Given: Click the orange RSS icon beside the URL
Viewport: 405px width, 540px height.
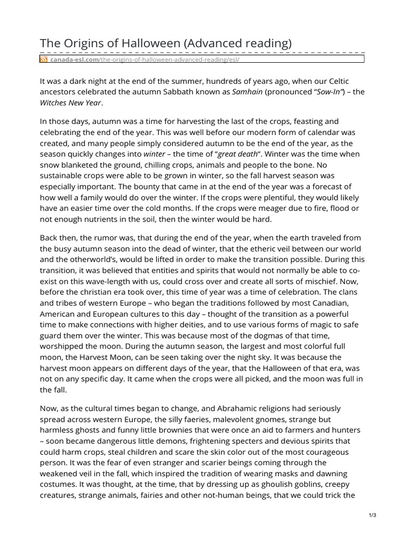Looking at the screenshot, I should [44, 60].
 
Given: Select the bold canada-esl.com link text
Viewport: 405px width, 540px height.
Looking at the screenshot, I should [73, 60].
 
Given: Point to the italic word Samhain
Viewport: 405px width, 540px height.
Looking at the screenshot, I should [247, 92].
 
